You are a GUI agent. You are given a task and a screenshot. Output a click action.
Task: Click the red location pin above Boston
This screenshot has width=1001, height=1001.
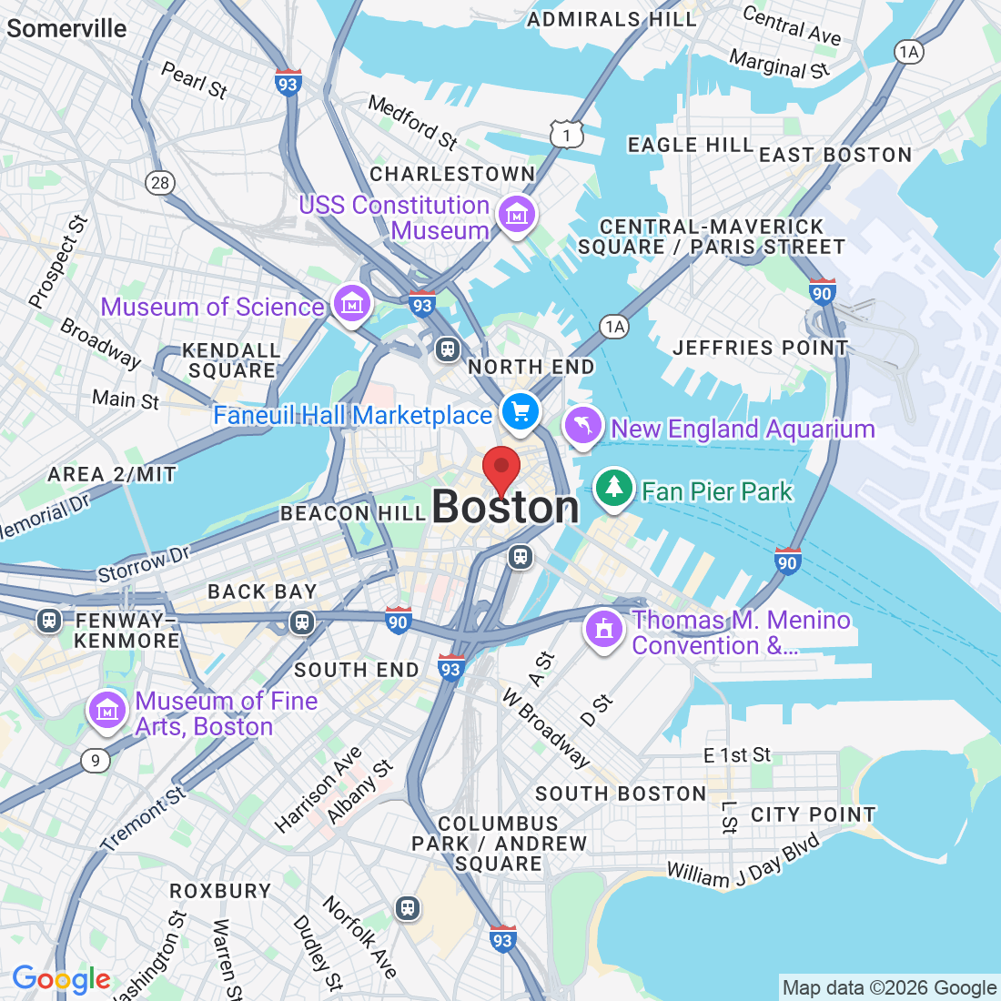[500, 470]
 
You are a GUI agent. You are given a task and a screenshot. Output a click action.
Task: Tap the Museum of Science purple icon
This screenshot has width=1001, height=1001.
[351, 303]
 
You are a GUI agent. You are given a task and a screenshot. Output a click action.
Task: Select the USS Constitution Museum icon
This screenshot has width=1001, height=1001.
[517, 215]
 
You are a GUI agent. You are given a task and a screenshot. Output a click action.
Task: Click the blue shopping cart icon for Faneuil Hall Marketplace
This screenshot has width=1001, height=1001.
[521, 412]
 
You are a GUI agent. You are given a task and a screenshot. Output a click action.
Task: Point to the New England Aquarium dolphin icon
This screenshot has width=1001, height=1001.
[583, 425]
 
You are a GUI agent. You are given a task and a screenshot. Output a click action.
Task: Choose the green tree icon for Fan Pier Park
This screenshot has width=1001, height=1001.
[614, 488]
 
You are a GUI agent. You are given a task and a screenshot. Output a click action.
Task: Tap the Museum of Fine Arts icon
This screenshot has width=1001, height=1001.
[107, 711]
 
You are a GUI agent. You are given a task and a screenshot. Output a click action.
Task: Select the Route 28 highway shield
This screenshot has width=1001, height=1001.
[160, 183]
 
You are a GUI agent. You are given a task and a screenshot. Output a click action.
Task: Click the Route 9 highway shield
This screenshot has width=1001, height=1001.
[96, 761]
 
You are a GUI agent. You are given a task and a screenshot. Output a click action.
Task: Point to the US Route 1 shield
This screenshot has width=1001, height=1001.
[566, 136]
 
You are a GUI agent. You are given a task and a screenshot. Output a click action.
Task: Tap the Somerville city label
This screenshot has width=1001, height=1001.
[66, 28]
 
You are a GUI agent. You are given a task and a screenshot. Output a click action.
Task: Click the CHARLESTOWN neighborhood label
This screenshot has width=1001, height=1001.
[452, 174]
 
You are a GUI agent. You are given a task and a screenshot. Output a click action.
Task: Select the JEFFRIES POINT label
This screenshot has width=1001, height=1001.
[760, 348]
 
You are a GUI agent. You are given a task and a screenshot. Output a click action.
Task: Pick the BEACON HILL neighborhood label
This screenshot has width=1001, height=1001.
[353, 514]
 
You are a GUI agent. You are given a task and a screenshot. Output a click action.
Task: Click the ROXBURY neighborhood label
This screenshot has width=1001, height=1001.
[220, 891]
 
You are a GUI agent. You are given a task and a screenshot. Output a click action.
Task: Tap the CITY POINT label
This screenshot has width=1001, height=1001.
[813, 814]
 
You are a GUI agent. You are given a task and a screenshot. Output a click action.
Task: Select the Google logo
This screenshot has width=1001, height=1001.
[61, 980]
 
